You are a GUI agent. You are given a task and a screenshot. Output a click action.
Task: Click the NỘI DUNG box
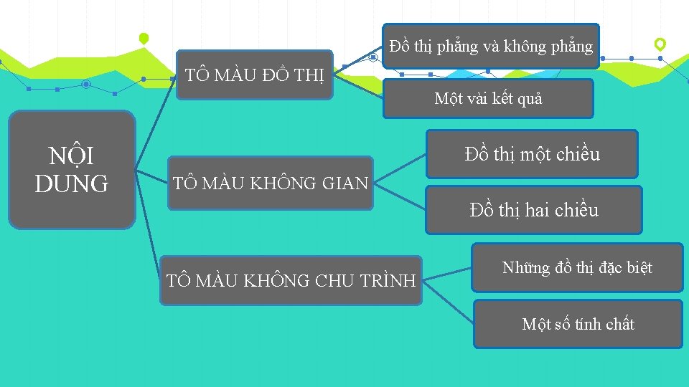72,170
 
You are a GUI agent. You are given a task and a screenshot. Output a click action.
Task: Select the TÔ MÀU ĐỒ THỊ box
255,75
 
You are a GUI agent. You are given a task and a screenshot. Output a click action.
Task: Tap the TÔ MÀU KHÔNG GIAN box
271,183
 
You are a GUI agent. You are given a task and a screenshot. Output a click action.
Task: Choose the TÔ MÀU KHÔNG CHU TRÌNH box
291,280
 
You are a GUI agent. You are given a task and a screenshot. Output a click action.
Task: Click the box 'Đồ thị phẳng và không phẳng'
491,47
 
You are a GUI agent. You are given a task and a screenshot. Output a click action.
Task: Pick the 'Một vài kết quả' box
488,99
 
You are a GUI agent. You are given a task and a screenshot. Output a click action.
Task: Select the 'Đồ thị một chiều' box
532,154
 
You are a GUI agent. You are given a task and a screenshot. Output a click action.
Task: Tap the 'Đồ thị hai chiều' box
533,210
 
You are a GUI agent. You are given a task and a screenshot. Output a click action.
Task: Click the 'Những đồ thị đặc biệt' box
577,268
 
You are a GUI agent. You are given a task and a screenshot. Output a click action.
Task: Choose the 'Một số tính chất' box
578,324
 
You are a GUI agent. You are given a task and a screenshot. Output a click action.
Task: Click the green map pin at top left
144,38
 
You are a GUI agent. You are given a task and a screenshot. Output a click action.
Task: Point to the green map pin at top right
660,44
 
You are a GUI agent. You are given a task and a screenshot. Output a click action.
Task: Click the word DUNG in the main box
72,183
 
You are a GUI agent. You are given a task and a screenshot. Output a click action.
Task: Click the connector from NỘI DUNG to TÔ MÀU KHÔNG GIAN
152,178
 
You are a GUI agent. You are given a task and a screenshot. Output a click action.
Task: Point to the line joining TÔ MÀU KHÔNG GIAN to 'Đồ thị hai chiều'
400,197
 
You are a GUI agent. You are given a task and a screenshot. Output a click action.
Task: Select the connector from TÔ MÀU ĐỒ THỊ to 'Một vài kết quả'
359,85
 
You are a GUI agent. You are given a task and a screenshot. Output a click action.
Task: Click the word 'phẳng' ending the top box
571,47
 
